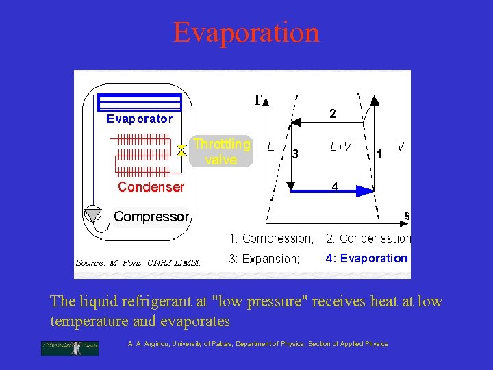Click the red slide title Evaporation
[x=246, y=32]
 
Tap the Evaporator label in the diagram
[x=140, y=119]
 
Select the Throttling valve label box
[x=221, y=151]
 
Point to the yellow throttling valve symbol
[x=181, y=151]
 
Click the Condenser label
[x=151, y=187]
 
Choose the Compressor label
[x=151, y=217]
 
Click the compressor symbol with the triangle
[x=92, y=214]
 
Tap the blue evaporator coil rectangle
[x=140, y=103]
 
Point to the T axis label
[x=257, y=101]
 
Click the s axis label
[x=407, y=216]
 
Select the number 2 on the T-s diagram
[x=332, y=115]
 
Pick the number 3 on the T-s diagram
[x=295, y=154]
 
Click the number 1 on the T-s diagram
[x=379, y=155]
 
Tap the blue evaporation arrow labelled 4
[x=332, y=190]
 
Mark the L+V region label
[x=340, y=147]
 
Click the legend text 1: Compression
[x=271, y=238]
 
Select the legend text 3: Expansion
[x=264, y=258]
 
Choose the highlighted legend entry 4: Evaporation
[x=366, y=258]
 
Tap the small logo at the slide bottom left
[x=69, y=347]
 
